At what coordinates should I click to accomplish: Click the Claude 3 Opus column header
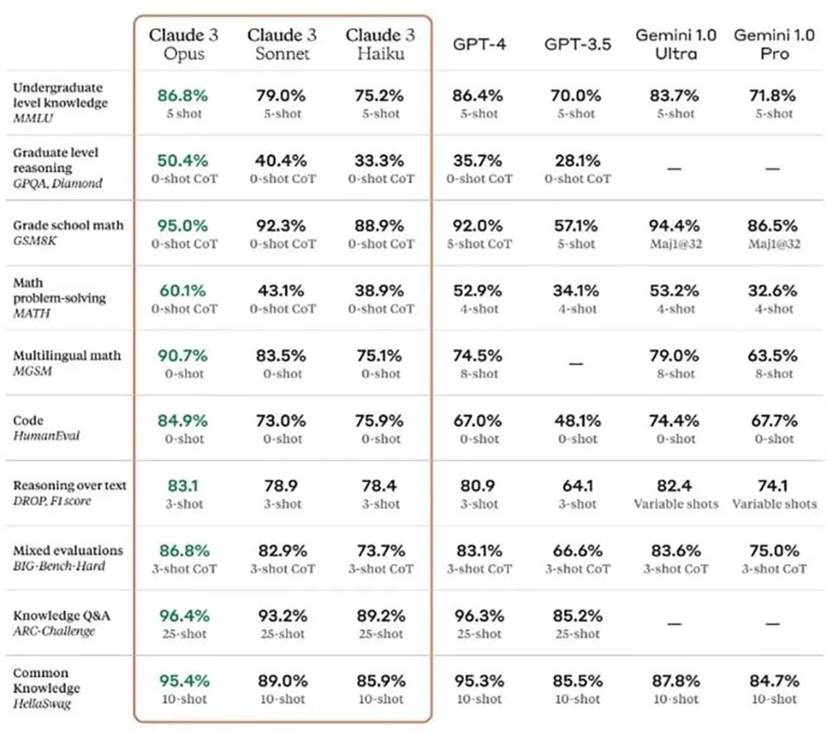tap(184, 44)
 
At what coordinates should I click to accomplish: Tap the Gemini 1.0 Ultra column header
tap(676, 45)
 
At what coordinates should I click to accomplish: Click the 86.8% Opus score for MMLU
tap(184, 95)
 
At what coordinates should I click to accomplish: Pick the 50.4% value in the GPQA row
tap(184, 160)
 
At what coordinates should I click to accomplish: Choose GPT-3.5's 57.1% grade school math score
tap(576, 225)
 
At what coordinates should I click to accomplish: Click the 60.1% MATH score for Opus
tap(184, 290)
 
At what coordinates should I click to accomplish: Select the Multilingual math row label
tap(67, 356)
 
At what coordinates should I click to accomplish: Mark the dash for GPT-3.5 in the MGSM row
tap(576, 363)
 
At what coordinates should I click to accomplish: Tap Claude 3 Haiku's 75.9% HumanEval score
tap(380, 420)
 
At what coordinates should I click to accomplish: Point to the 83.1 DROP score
tap(184, 486)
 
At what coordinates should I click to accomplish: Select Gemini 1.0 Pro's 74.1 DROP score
tap(774, 486)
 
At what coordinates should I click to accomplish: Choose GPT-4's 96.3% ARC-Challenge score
tap(478, 615)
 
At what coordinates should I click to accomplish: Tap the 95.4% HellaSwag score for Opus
tap(184, 681)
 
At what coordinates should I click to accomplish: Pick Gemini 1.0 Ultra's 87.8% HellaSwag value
tap(676, 681)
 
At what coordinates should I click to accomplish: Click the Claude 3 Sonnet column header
tap(282, 44)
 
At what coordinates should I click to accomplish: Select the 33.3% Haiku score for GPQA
tap(380, 160)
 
